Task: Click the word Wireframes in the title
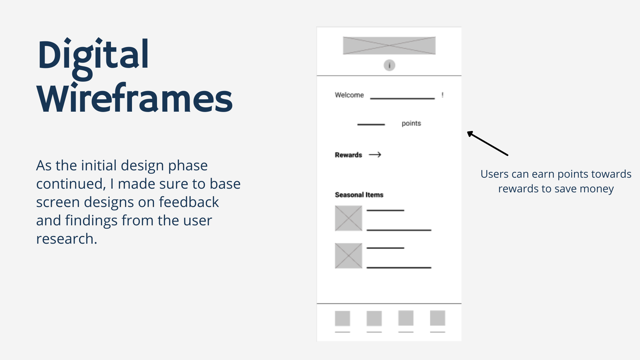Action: pos(134,98)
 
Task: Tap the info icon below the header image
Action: pos(389,65)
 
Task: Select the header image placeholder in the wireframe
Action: pos(389,46)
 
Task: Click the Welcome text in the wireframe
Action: pos(349,95)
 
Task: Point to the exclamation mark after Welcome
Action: pos(442,95)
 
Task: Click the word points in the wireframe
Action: pos(411,123)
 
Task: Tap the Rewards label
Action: pos(348,155)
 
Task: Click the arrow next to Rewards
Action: pos(375,155)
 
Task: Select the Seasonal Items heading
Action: pos(359,195)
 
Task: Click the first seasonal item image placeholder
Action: pos(349,218)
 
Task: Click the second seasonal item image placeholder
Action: pos(349,256)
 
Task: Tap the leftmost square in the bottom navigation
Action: pos(343,318)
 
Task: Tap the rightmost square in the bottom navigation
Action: pos(438,318)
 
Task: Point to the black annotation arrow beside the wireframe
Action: pos(487,143)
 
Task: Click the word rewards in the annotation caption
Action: pos(518,189)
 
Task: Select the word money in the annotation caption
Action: pos(596,189)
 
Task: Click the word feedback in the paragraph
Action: pos(189,202)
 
